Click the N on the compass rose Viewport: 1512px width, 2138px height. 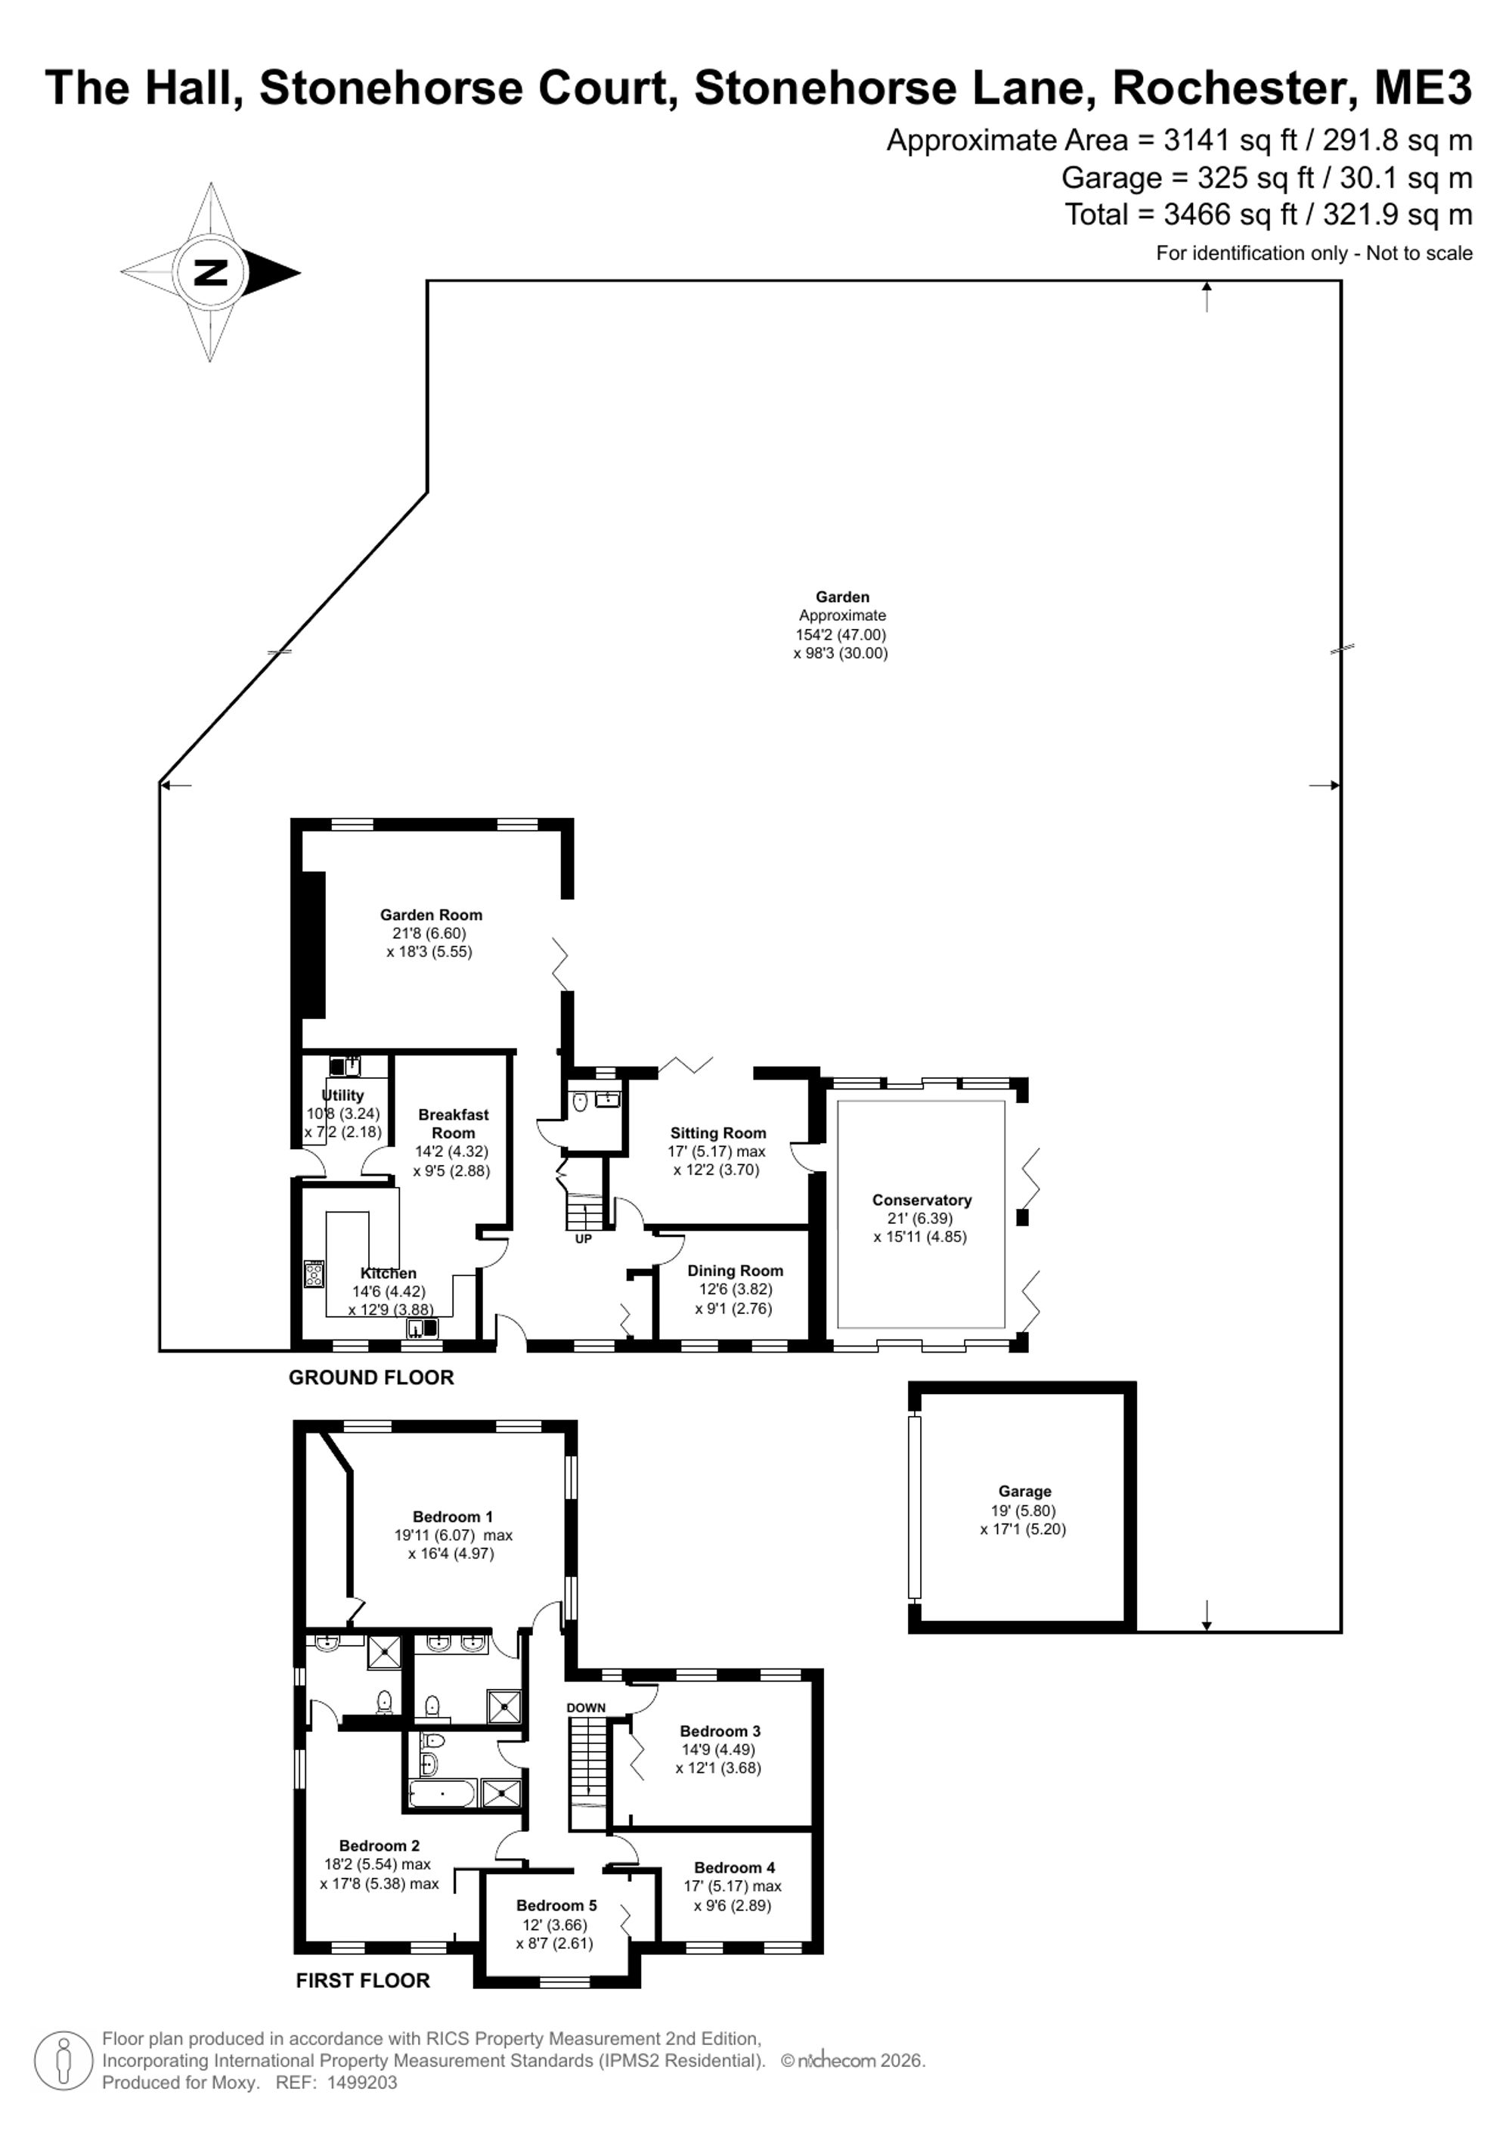click(x=209, y=273)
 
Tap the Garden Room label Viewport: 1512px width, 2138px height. click(x=431, y=915)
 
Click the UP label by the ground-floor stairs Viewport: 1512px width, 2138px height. click(x=583, y=1239)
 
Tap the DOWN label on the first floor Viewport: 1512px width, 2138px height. click(x=587, y=1708)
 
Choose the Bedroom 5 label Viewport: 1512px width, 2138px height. click(x=556, y=1905)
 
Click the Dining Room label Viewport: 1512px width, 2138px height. click(x=736, y=1270)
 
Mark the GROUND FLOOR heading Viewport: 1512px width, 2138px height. click(x=371, y=1377)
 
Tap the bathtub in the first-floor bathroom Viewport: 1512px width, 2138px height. click(x=443, y=1792)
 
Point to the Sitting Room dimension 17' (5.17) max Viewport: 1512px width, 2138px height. click(x=717, y=1151)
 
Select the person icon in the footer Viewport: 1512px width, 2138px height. click(x=64, y=2061)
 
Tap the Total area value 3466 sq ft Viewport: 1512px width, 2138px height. click(x=1230, y=214)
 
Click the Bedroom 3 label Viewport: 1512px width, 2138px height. click(x=720, y=1731)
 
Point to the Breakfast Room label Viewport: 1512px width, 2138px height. click(x=454, y=1123)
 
